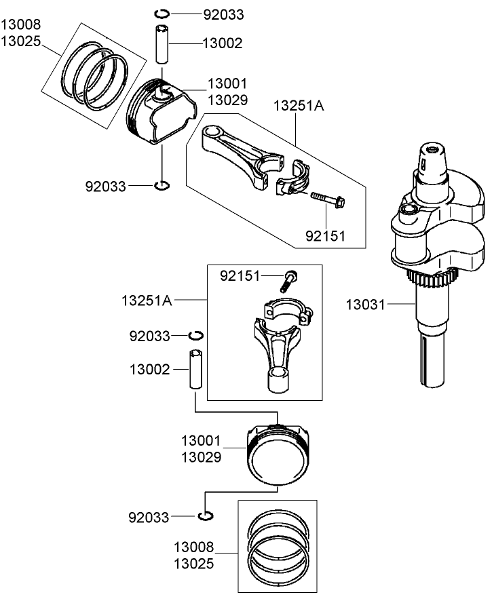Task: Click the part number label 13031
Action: [x=366, y=306]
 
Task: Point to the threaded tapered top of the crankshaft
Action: [x=431, y=159]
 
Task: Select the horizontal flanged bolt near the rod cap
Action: [x=328, y=199]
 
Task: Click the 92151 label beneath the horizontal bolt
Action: [x=326, y=236]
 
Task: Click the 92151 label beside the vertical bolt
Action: [x=240, y=275]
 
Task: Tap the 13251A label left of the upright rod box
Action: [x=147, y=300]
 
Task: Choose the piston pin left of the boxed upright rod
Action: [x=195, y=370]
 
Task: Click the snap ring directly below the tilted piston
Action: [x=162, y=186]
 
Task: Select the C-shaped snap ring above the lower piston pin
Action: [x=195, y=335]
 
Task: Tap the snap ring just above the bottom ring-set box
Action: [x=206, y=517]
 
